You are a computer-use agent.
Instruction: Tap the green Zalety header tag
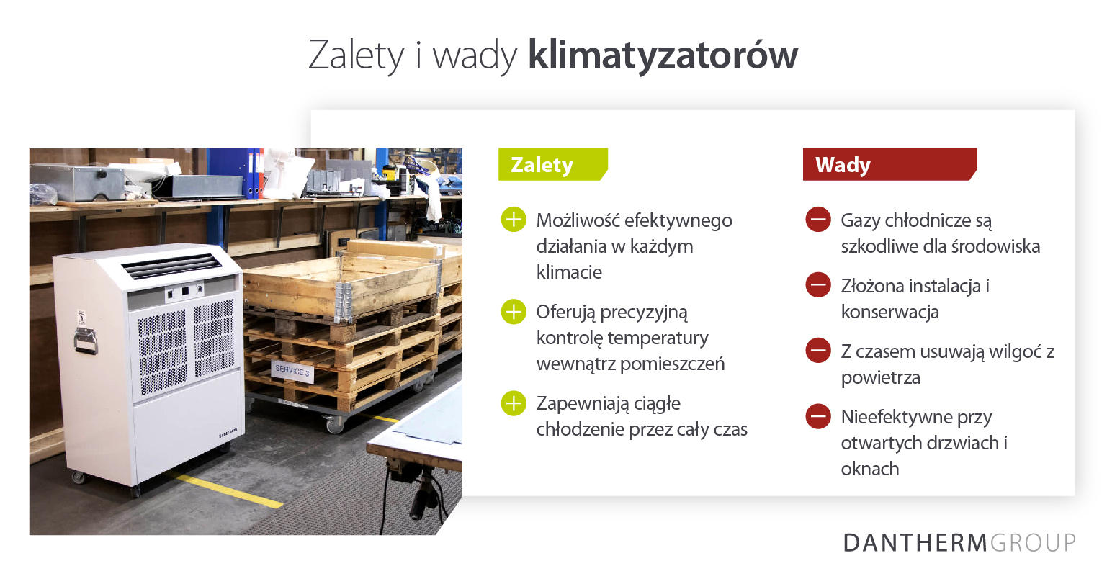click(552, 164)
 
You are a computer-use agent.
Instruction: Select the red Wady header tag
click(889, 164)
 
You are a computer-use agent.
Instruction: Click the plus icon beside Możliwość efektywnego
click(514, 220)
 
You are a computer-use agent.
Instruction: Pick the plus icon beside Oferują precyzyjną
click(514, 311)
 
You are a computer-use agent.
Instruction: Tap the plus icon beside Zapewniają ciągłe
click(514, 403)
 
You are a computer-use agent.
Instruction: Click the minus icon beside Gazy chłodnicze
click(818, 220)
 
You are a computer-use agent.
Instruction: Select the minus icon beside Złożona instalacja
click(818, 284)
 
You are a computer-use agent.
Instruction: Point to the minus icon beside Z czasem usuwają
click(818, 350)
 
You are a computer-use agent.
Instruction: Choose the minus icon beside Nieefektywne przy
click(818, 416)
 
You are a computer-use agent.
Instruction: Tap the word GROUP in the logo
click(1033, 542)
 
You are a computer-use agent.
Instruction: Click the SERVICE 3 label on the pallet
click(292, 371)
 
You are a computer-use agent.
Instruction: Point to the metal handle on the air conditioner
click(85, 341)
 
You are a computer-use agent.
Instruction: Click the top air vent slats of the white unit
click(171, 267)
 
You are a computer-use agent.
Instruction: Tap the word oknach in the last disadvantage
click(870, 468)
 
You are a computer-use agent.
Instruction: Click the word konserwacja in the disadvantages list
click(890, 313)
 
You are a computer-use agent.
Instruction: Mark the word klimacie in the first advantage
click(569, 271)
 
